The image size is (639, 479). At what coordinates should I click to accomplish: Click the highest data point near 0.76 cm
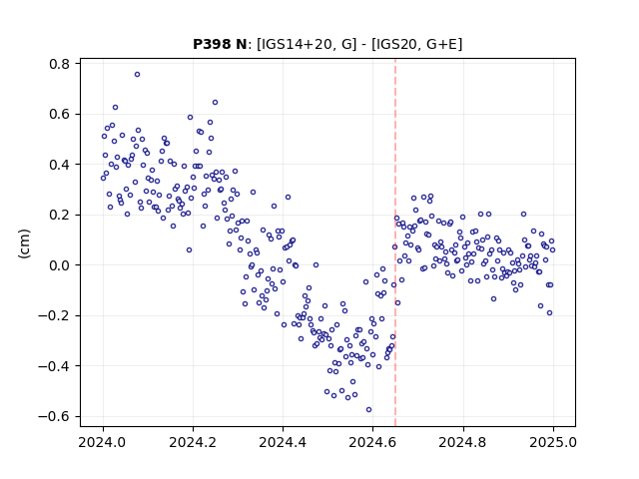click(x=138, y=74)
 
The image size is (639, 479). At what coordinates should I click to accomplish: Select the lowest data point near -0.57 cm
click(x=368, y=410)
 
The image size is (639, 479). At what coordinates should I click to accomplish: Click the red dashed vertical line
click(x=395, y=242)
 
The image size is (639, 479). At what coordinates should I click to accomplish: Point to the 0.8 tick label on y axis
click(x=59, y=64)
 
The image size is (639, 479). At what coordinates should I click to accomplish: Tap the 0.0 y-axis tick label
click(x=59, y=265)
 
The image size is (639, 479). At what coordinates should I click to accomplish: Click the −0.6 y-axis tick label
click(x=54, y=416)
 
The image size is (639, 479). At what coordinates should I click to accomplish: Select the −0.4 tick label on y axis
click(x=54, y=366)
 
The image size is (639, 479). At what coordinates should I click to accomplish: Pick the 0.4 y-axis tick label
click(x=59, y=165)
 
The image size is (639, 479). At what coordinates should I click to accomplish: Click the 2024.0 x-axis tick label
click(x=103, y=442)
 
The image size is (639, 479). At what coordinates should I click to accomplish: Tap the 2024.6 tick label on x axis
click(x=372, y=442)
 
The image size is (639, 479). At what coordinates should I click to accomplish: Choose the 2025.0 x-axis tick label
click(x=553, y=442)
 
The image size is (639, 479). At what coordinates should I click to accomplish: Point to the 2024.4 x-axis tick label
click(x=283, y=442)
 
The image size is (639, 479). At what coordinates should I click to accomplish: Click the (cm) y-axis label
click(x=24, y=243)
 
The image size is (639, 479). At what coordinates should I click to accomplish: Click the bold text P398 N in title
click(x=220, y=44)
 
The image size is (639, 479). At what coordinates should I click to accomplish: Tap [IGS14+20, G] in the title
click(x=307, y=44)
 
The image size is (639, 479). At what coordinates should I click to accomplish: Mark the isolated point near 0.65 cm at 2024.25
click(x=216, y=102)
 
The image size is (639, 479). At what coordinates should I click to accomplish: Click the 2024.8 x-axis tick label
click(x=462, y=442)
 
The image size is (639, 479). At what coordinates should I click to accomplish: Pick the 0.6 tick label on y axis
click(x=59, y=114)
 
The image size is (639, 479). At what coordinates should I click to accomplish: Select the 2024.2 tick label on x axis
click(x=193, y=442)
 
